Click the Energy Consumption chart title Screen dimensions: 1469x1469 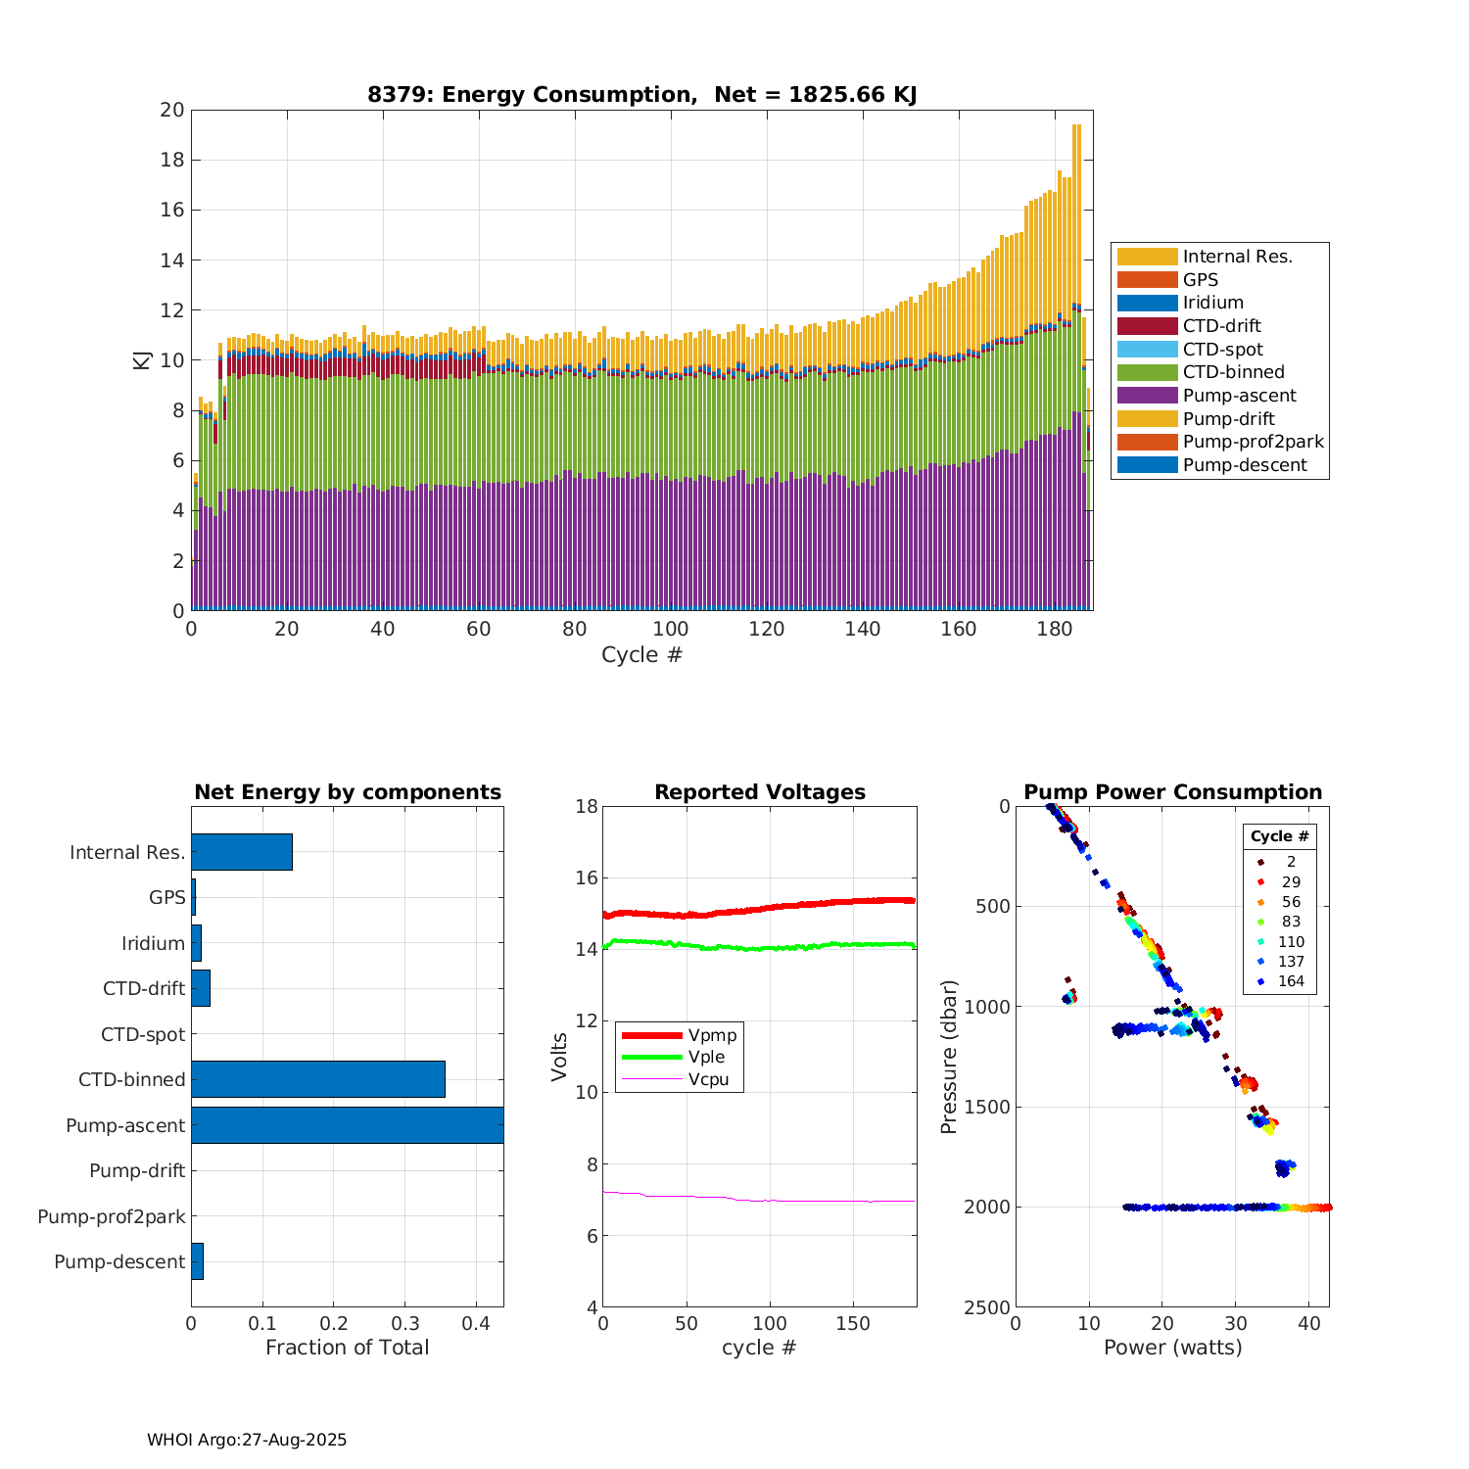641,95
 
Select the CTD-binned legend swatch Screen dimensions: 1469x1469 1147,372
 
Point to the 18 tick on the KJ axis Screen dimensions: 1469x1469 172,160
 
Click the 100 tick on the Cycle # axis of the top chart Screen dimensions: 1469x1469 671,629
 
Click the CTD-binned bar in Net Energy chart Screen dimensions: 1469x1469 318,1079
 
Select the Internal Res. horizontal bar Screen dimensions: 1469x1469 242,852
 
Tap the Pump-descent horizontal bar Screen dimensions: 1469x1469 197,1261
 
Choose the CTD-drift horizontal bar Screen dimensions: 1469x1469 201,988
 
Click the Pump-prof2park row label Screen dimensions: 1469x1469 112,1216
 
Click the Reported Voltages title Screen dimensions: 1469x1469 760,792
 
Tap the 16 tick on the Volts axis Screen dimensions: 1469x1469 586,877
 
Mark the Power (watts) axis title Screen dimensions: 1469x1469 1172,1348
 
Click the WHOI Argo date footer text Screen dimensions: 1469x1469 247,1440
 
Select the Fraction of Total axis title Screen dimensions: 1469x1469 347,1348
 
